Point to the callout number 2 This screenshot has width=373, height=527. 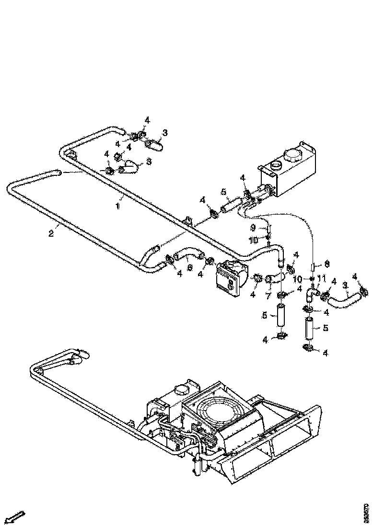point(51,233)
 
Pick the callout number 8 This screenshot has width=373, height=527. point(326,263)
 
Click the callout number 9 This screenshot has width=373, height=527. point(253,227)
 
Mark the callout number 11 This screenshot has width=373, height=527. point(321,278)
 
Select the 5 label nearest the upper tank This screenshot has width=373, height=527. point(223,192)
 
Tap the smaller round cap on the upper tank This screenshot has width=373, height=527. point(276,166)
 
